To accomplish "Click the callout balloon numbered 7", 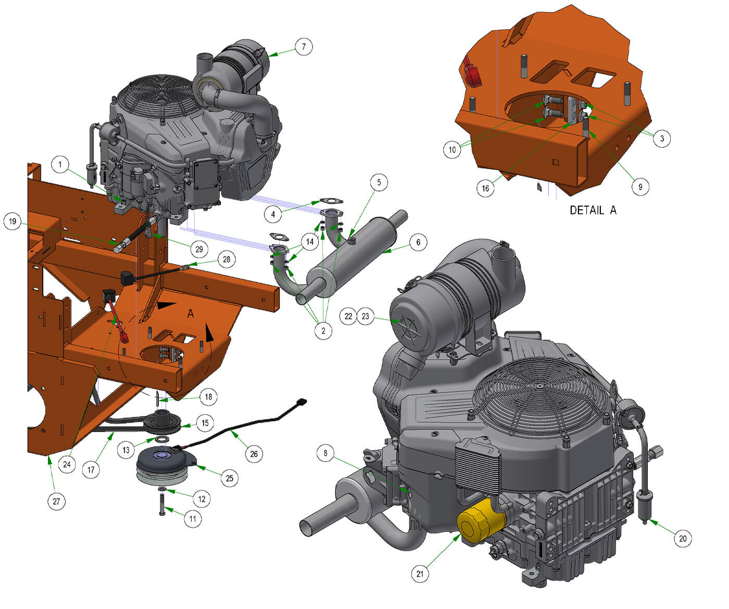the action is [x=304, y=46].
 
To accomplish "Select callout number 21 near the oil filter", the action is [x=420, y=574].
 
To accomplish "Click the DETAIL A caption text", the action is [x=593, y=210].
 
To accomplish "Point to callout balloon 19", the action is [x=12, y=221].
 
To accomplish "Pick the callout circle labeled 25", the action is [x=230, y=478].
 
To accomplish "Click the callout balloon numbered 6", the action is [x=418, y=242].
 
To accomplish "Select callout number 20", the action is [x=683, y=539].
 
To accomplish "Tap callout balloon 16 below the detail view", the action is [x=485, y=188].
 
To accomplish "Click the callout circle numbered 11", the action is [x=193, y=518].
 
